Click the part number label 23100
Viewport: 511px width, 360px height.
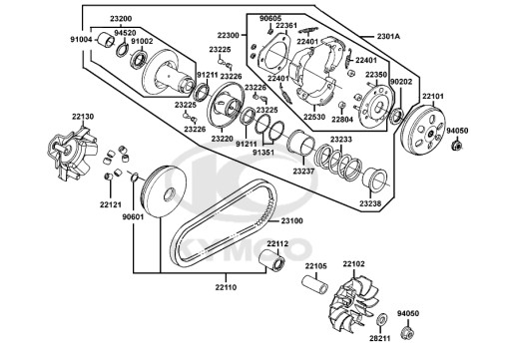coord(291,220)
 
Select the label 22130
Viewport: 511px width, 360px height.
coord(83,117)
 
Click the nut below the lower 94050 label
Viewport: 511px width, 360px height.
coord(408,332)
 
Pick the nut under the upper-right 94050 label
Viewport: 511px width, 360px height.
coord(456,145)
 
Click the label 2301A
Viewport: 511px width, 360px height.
coord(388,36)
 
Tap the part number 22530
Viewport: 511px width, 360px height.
coord(314,117)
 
